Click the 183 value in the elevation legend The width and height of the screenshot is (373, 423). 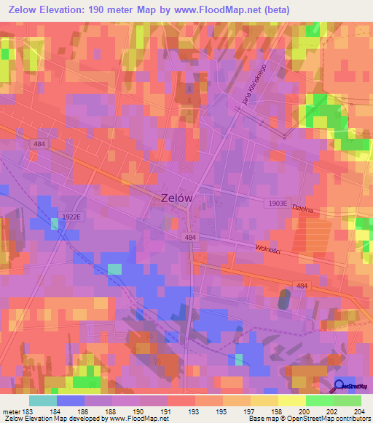click(x=26, y=411)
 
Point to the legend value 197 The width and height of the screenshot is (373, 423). click(x=250, y=411)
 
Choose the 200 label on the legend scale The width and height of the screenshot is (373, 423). click(x=305, y=411)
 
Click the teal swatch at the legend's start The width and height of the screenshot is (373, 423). click(x=42, y=400)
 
